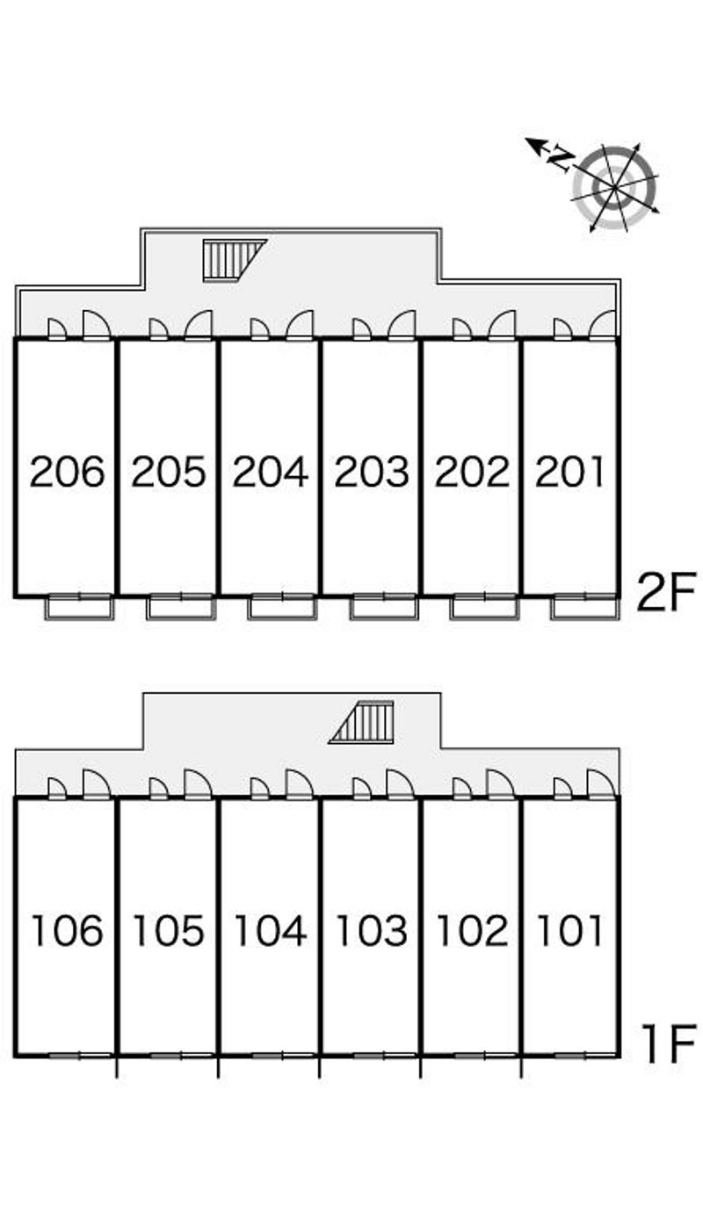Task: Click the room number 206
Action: (67, 472)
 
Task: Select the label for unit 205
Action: (169, 472)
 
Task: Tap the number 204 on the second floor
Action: (271, 472)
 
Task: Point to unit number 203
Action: (372, 472)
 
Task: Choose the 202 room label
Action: (472, 472)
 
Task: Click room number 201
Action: (569, 472)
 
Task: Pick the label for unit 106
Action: (67, 930)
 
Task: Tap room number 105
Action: (169, 930)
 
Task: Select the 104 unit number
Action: (271, 930)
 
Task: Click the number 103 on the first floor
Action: (372, 930)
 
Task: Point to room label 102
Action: (472, 930)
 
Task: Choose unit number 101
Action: (569, 930)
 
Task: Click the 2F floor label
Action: (665, 591)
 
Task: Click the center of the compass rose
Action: (615, 188)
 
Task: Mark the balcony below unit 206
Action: (80, 607)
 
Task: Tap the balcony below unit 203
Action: (384, 607)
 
